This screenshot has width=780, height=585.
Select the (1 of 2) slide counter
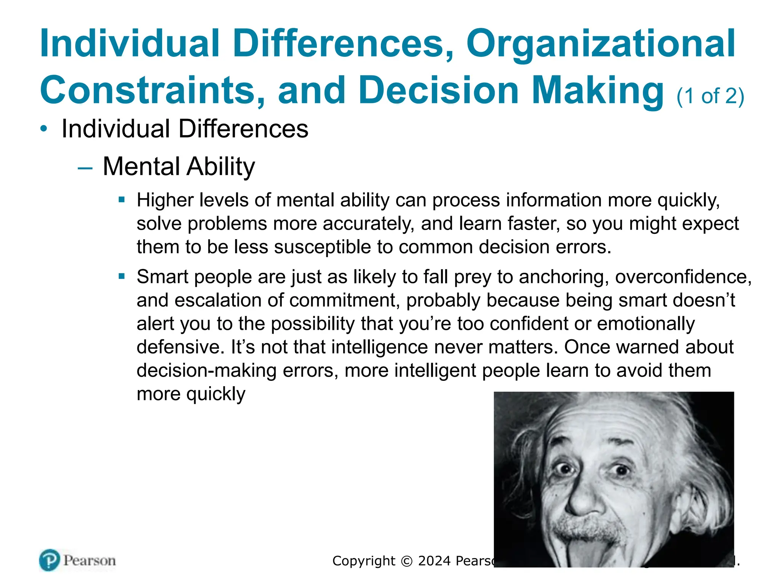pos(710,96)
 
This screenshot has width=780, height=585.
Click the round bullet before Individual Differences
pos(44,129)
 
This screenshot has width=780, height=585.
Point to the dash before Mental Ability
pos(85,168)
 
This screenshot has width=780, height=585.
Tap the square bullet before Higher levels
pos(122,200)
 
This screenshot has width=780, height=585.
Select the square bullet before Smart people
pos(122,276)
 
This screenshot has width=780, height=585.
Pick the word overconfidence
pos(683,277)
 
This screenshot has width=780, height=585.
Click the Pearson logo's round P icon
pos(50,560)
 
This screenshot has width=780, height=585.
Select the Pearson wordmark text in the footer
pos(90,561)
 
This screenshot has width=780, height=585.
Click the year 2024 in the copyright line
pos(434,561)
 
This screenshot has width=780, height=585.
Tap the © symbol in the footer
pos(407,561)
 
